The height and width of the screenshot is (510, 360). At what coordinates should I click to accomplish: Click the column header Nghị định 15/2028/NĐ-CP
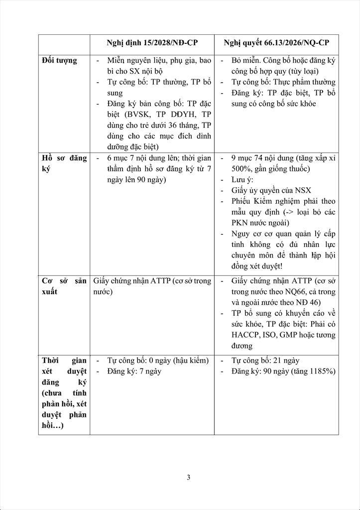point(152,43)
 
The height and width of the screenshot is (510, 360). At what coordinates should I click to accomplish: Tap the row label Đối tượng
point(59,61)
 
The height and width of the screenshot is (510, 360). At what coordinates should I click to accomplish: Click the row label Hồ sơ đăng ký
point(64,164)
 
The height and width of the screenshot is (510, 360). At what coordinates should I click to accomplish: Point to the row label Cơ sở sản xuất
point(64,286)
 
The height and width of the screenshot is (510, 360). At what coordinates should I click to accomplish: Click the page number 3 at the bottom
point(188,477)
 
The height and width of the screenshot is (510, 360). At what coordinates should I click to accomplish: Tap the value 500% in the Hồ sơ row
point(241,168)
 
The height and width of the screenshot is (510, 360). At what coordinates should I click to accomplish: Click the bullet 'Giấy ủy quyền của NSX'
point(271,190)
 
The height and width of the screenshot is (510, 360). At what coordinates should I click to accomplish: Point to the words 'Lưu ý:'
point(242,179)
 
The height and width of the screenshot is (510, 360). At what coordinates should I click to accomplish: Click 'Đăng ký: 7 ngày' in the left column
point(134,371)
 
